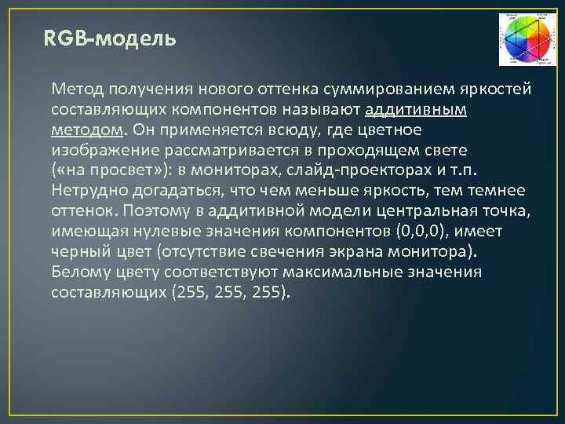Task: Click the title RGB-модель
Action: pos(111,39)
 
